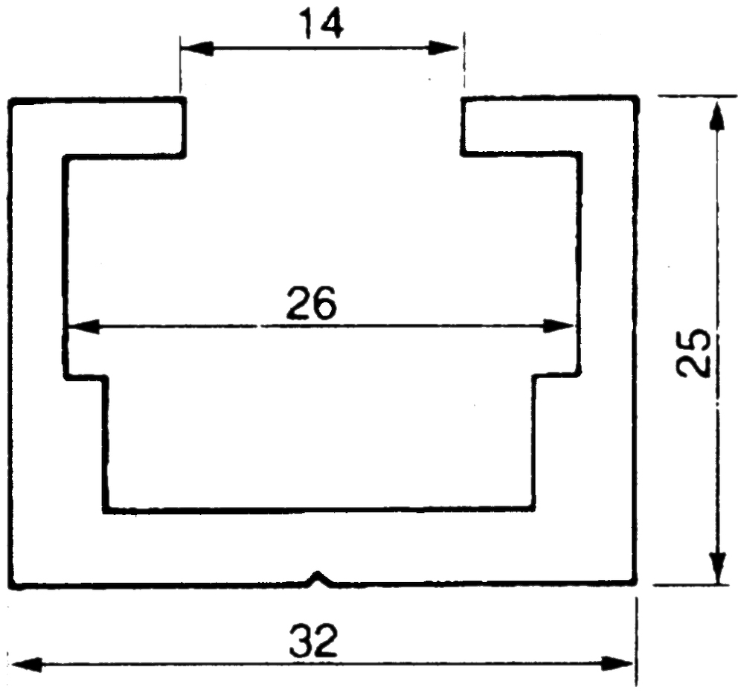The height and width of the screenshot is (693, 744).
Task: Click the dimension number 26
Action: pyautogui.click(x=312, y=302)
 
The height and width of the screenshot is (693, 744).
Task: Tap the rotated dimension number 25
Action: pyautogui.click(x=695, y=353)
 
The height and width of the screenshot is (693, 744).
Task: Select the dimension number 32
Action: pyautogui.click(x=314, y=639)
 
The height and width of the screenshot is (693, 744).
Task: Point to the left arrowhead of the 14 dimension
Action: pyautogui.click(x=196, y=48)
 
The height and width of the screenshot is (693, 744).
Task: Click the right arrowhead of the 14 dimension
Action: pyautogui.click(x=443, y=48)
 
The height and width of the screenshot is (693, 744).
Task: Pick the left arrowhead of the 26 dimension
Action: pyautogui.click(x=83, y=327)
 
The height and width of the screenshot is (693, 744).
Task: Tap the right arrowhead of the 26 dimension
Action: pyautogui.click(x=559, y=327)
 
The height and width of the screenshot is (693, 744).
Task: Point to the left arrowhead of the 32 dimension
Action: pyautogui.click(x=25, y=663)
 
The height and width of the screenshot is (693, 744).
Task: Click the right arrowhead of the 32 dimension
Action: pyautogui.click(x=617, y=663)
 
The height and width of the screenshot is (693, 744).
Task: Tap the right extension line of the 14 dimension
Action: pyautogui.click(x=464, y=60)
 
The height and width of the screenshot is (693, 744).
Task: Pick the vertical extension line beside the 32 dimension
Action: pyautogui.click(x=636, y=642)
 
